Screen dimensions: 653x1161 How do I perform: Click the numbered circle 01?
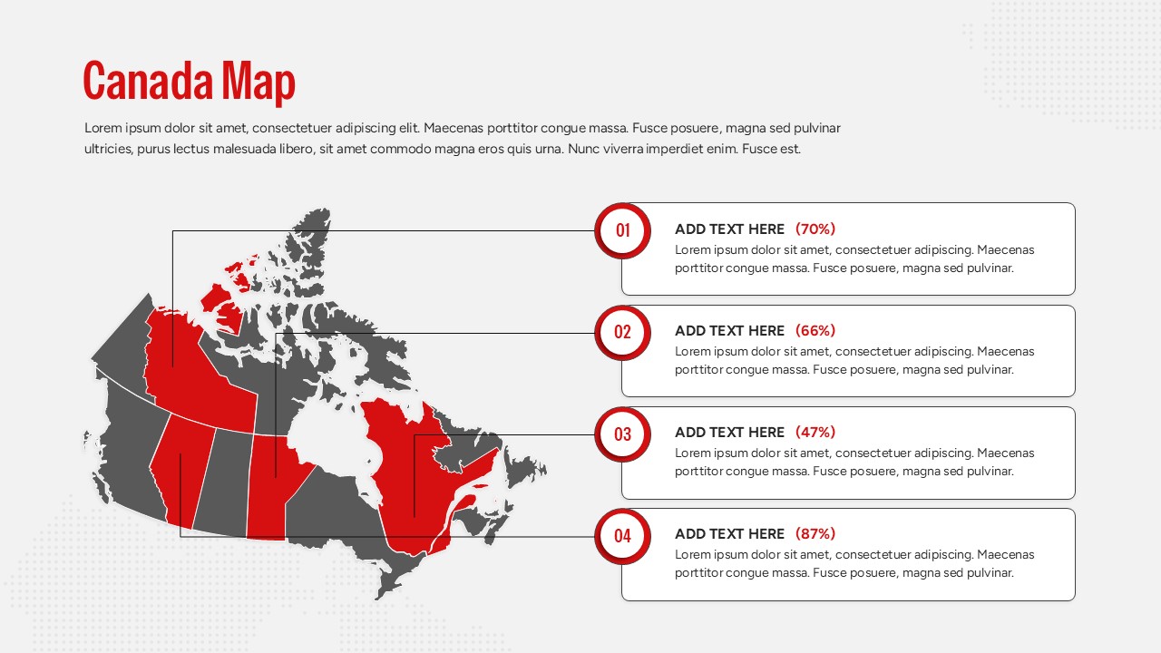pyautogui.click(x=622, y=230)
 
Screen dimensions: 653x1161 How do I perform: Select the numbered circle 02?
pyautogui.click(x=622, y=332)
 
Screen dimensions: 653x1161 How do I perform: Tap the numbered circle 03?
pyautogui.click(x=622, y=434)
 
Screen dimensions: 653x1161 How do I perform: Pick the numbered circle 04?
pyautogui.click(x=622, y=535)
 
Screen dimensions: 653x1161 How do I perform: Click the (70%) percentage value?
pyautogui.click(x=815, y=229)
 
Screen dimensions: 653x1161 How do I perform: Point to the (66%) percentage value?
pyautogui.click(x=815, y=331)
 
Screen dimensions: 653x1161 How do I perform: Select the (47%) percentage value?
pyautogui.click(x=815, y=433)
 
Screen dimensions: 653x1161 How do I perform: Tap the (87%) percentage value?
pyautogui.click(x=815, y=534)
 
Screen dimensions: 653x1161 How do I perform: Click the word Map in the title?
pyautogui.click(x=259, y=82)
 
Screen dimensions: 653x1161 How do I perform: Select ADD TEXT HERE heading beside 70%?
pyautogui.click(x=729, y=229)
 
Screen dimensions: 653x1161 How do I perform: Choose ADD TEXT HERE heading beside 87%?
pyautogui.click(x=729, y=534)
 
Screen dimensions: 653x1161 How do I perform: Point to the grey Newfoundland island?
pyautogui.click(x=524, y=472)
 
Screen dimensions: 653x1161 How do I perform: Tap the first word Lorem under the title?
pyautogui.click(x=102, y=128)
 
